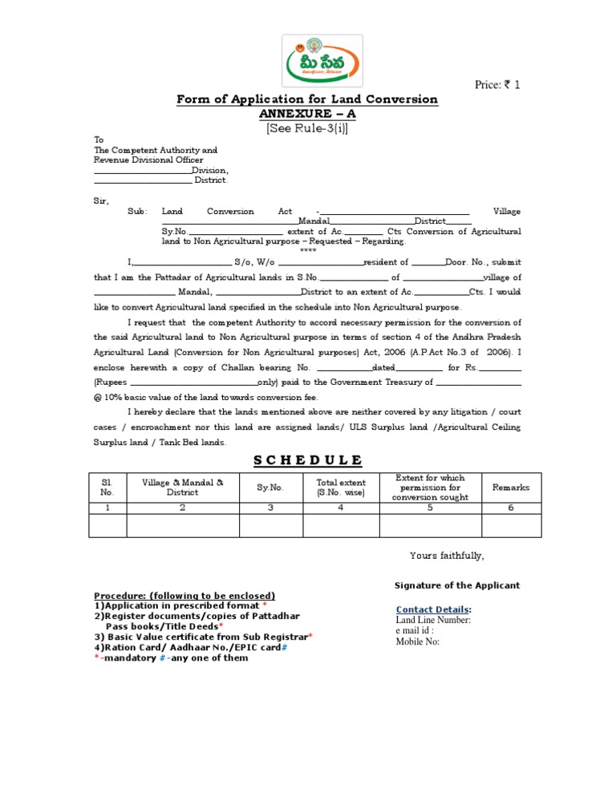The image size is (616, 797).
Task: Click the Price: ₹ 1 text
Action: (x=498, y=84)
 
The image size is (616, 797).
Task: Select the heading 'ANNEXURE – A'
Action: (x=307, y=113)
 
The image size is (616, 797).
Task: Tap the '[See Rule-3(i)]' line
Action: (x=307, y=127)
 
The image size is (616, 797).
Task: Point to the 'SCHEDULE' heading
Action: (x=307, y=459)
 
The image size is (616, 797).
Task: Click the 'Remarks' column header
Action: (x=511, y=488)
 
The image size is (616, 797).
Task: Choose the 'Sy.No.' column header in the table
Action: (x=270, y=488)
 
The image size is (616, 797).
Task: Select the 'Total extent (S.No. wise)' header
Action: (x=341, y=488)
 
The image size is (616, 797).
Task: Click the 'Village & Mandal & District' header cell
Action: (x=182, y=488)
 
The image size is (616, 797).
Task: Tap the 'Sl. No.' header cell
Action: (x=107, y=488)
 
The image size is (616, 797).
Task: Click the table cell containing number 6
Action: (x=511, y=507)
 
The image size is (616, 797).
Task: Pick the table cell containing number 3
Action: (x=270, y=507)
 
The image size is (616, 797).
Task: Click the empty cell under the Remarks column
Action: (x=511, y=524)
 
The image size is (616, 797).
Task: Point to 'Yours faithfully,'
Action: (x=447, y=556)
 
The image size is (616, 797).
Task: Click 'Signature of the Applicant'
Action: (x=457, y=585)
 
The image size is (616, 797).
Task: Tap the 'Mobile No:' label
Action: (x=418, y=641)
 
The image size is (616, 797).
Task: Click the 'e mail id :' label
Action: (x=416, y=630)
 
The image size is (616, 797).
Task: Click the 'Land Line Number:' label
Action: (x=433, y=620)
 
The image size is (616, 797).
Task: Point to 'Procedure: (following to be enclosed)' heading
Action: (x=184, y=596)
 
